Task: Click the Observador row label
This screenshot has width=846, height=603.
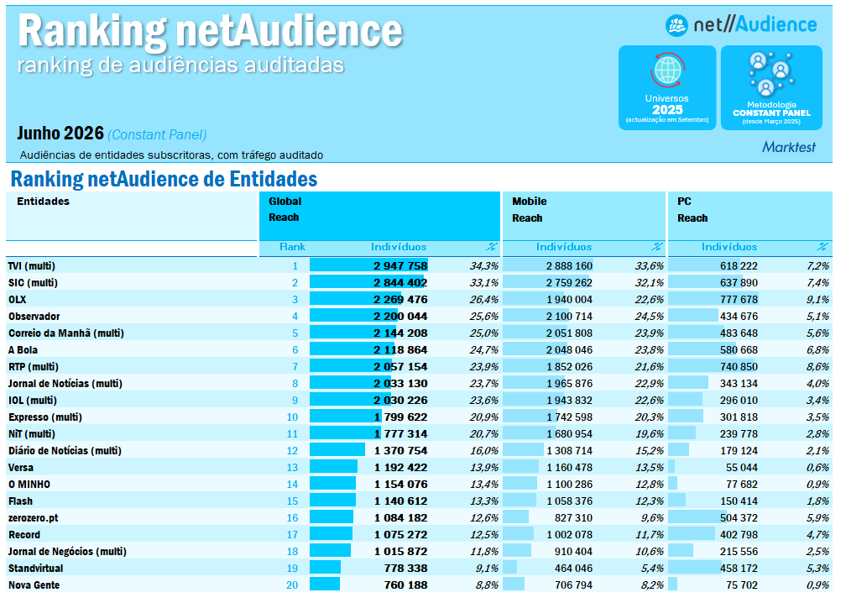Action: tap(34, 317)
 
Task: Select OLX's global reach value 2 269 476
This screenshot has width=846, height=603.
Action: tap(400, 300)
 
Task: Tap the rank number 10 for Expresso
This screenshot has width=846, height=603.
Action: tap(292, 417)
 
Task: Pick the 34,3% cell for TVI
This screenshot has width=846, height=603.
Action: tap(483, 266)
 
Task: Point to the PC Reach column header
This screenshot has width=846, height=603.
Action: tap(692, 209)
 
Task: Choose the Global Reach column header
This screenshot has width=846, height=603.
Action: tap(285, 209)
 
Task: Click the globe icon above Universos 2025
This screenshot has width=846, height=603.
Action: tap(667, 71)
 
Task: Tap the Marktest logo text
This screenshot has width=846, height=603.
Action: tap(789, 147)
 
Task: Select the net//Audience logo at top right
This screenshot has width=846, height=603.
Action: tap(741, 25)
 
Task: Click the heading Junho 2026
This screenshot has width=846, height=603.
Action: tap(60, 134)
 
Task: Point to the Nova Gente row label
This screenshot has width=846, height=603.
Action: tap(34, 585)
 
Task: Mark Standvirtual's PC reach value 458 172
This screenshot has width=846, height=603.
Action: tap(739, 569)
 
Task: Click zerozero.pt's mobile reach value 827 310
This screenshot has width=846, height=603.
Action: tap(573, 518)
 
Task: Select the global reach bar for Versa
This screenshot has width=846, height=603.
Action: tap(333, 468)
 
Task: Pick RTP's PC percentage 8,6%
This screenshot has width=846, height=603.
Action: tap(818, 367)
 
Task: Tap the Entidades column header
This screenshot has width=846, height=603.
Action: tap(43, 202)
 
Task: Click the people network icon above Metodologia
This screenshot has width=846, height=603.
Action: tap(771, 74)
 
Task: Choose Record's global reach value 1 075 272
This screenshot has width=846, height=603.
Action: tap(401, 535)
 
